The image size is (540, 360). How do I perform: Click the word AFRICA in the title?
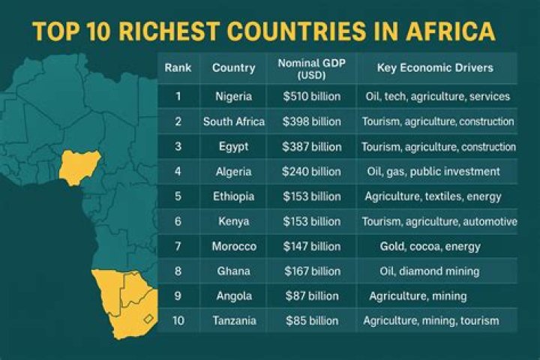(451, 31)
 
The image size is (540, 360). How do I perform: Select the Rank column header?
(178, 68)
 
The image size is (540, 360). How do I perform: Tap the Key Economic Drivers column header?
(435, 68)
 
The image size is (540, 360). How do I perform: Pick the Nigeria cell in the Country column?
(233, 97)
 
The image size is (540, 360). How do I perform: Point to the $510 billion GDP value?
(311, 97)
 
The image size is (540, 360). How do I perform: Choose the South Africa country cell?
(233, 121)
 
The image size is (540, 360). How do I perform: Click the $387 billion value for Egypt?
(311, 146)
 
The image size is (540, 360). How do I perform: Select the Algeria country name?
(233, 171)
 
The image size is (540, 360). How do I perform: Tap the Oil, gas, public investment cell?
(432, 171)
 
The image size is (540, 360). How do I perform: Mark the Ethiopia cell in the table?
(233, 196)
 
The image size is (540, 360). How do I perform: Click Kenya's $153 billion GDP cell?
(311, 221)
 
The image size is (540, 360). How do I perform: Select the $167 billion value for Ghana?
(311, 271)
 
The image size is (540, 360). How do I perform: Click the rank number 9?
(178, 296)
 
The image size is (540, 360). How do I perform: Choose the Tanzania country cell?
(233, 321)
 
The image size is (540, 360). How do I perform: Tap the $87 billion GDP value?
(311, 296)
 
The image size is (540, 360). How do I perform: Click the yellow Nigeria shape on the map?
(78, 166)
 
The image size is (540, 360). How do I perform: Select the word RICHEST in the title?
(154, 31)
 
